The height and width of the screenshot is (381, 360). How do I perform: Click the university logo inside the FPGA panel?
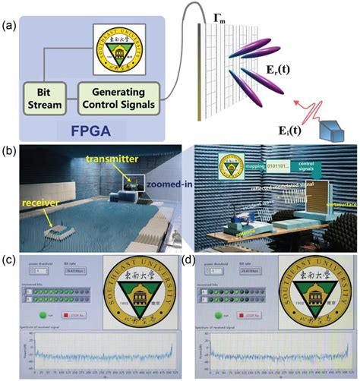pos(113,49)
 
